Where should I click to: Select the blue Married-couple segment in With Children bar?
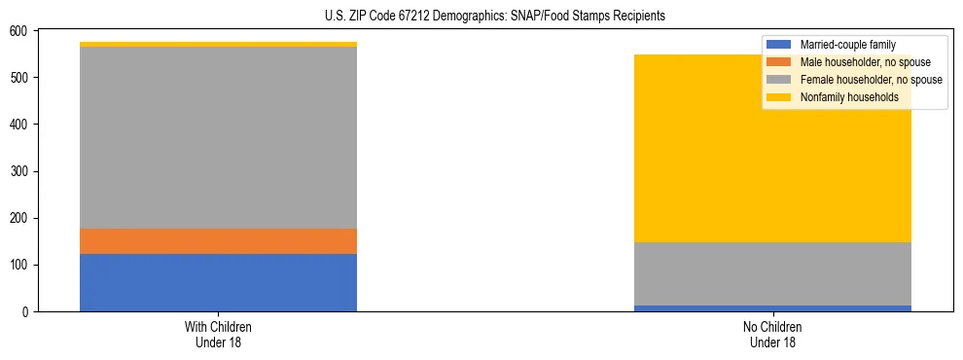point(218,282)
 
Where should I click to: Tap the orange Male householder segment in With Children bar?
point(218,241)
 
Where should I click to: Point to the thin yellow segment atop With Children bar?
point(218,44)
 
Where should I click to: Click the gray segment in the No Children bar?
point(772,273)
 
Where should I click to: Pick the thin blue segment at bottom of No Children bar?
point(772,308)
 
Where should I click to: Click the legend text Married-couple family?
point(847,45)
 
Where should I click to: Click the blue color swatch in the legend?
point(779,45)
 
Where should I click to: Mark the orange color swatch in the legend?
point(779,62)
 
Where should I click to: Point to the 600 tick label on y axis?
point(19,31)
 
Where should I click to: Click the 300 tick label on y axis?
point(19,171)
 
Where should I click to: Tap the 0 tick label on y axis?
point(26,312)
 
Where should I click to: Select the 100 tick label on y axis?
point(19,266)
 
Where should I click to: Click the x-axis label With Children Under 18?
point(218,334)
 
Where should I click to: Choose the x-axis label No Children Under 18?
point(772,334)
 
